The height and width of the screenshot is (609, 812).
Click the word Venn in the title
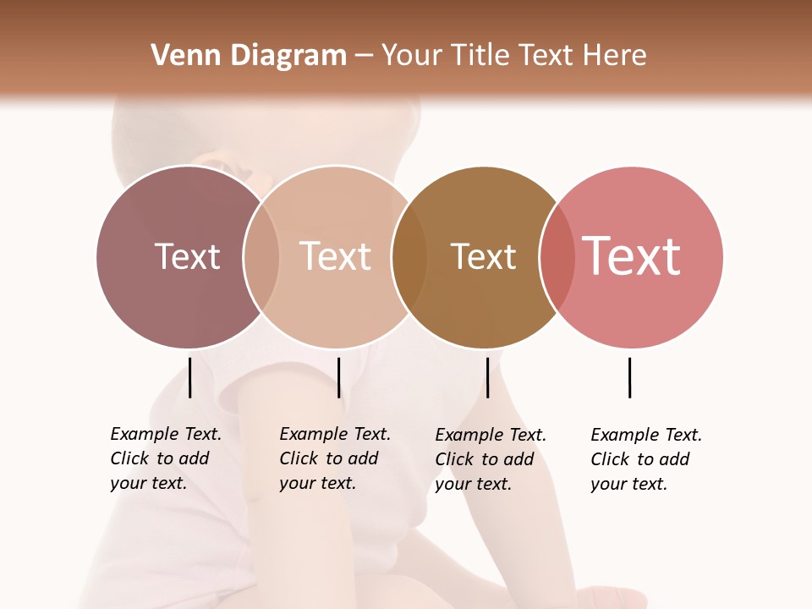click(x=178, y=56)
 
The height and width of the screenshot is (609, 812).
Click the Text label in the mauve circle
click(x=187, y=256)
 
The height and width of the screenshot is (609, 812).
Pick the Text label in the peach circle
click(x=336, y=256)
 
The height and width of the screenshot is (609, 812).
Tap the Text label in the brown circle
click(x=483, y=256)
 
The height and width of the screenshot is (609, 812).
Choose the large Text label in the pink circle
click(x=632, y=256)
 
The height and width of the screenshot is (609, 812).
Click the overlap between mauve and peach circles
click(x=261, y=256)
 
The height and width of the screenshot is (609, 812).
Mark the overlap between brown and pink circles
click(x=557, y=256)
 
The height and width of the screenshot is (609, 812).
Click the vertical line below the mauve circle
click(x=189, y=377)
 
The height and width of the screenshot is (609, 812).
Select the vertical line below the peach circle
click(x=338, y=377)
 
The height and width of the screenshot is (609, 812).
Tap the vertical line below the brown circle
click(x=487, y=377)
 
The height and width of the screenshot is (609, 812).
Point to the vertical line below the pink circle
click(x=629, y=377)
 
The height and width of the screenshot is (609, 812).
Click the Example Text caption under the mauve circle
click(x=165, y=458)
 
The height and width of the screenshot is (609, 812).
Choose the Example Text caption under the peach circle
click(x=334, y=458)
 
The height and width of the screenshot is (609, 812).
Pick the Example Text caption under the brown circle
click(x=490, y=459)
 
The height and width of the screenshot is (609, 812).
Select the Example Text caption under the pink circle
click(x=645, y=459)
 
